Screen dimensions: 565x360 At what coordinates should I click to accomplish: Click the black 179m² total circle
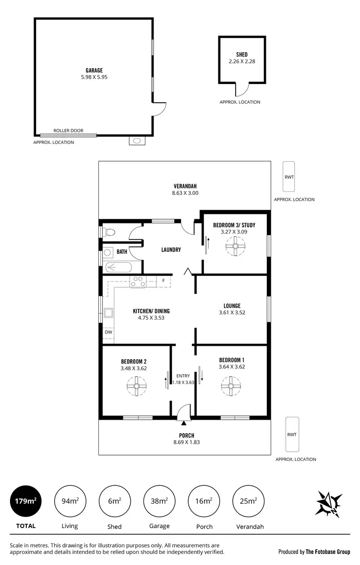[25, 501]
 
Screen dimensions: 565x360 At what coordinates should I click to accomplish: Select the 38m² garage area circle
[159, 501]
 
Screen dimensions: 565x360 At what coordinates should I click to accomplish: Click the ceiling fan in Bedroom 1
[231, 385]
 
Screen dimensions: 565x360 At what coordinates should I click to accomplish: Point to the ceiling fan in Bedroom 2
[137, 385]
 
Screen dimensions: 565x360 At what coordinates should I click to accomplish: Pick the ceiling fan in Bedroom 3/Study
[235, 247]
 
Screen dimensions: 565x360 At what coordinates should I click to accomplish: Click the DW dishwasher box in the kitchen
[108, 331]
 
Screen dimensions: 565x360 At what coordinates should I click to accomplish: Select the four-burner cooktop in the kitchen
[139, 282]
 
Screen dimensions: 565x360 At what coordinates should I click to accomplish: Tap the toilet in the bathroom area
[109, 233]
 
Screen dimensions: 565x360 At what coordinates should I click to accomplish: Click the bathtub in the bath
[120, 268]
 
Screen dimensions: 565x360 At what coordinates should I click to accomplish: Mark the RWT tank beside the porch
[291, 434]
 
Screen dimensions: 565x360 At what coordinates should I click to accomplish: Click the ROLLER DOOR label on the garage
[68, 130]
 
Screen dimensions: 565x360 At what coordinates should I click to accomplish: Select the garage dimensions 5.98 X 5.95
[94, 77]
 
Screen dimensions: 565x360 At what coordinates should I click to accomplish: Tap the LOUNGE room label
[232, 306]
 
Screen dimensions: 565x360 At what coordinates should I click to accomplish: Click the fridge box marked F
[164, 281]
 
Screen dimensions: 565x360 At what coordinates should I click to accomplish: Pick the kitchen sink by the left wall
[108, 314]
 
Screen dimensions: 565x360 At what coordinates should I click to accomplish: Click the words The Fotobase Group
[328, 552]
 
